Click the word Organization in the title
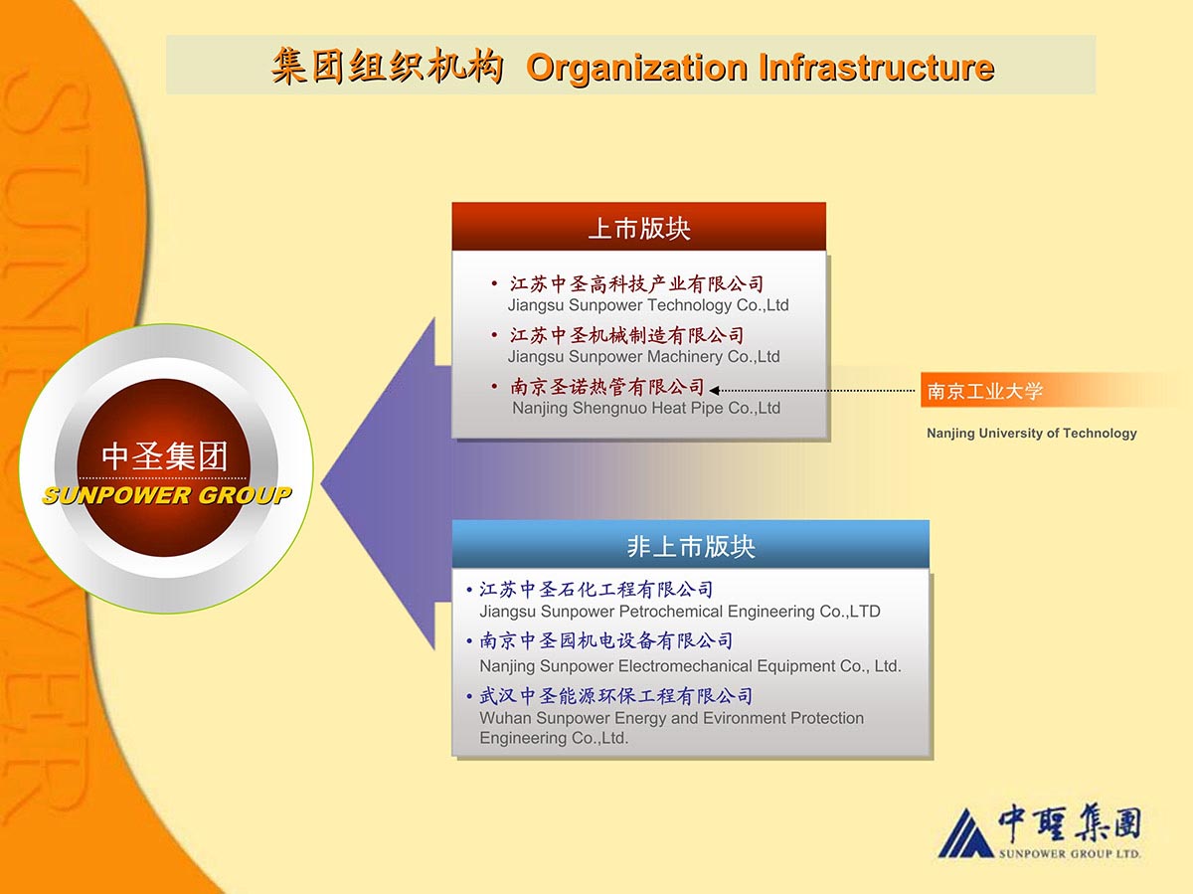[x=637, y=68]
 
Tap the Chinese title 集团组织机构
[x=387, y=66]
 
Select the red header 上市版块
[x=639, y=229]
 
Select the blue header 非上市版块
[x=691, y=546]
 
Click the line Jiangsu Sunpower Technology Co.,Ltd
[x=648, y=305]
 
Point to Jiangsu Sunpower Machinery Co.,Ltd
[x=643, y=357]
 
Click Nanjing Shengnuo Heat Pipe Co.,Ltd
[x=646, y=408]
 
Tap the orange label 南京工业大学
[x=984, y=391]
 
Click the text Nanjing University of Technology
[x=1032, y=434]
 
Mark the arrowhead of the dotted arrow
[x=714, y=390]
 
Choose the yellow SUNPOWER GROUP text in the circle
[x=166, y=495]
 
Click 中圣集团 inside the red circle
[x=165, y=455]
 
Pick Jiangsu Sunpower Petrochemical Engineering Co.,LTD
[x=679, y=612]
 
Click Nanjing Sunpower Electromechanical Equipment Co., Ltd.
[x=690, y=665]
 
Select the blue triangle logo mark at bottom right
[x=965, y=833]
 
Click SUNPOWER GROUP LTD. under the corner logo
[x=1070, y=854]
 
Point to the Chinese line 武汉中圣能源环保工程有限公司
[x=615, y=696]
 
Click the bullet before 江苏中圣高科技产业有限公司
[x=494, y=283]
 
